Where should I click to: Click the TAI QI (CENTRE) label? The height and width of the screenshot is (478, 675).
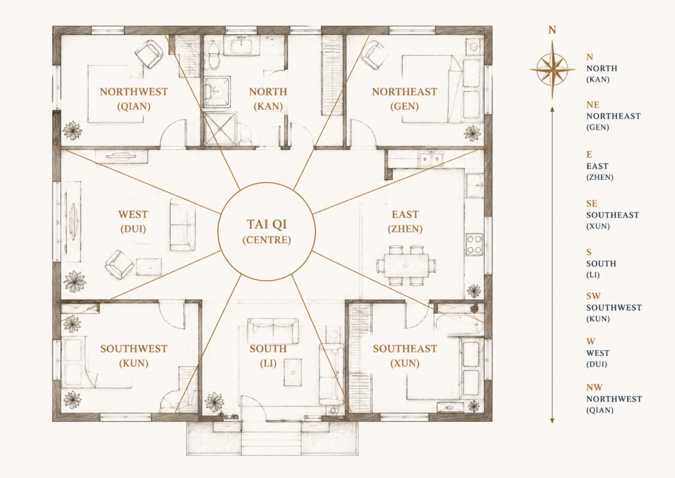tap(267, 231)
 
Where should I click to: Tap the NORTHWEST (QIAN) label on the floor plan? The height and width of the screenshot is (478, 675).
tap(134, 99)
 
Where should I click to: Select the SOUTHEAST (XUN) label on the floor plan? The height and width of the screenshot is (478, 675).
tap(405, 356)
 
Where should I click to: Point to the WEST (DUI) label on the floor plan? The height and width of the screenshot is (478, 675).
tap(133, 222)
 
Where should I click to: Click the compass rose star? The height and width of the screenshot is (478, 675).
tap(552, 69)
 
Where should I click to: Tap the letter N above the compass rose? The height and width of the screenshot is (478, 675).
tap(552, 30)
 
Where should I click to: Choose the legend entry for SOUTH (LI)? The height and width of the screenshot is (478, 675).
tap(601, 263)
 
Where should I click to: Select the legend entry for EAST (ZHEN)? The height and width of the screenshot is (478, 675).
tap(600, 165)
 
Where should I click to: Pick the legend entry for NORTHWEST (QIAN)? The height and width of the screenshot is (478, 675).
tap(614, 399)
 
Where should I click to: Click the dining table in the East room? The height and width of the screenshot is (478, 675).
tap(406, 266)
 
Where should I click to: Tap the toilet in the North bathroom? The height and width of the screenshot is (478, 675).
tap(214, 55)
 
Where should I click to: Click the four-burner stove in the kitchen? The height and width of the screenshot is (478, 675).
tap(475, 244)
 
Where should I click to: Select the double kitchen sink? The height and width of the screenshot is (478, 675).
tap(431, 159)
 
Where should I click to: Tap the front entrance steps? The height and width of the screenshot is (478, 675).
tap(272, 438)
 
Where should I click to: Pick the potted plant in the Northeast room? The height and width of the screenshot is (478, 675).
tap(473, 133)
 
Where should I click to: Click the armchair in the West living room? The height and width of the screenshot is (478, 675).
tap(119, 264)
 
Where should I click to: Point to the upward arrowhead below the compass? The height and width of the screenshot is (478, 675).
tap(552, 110)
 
